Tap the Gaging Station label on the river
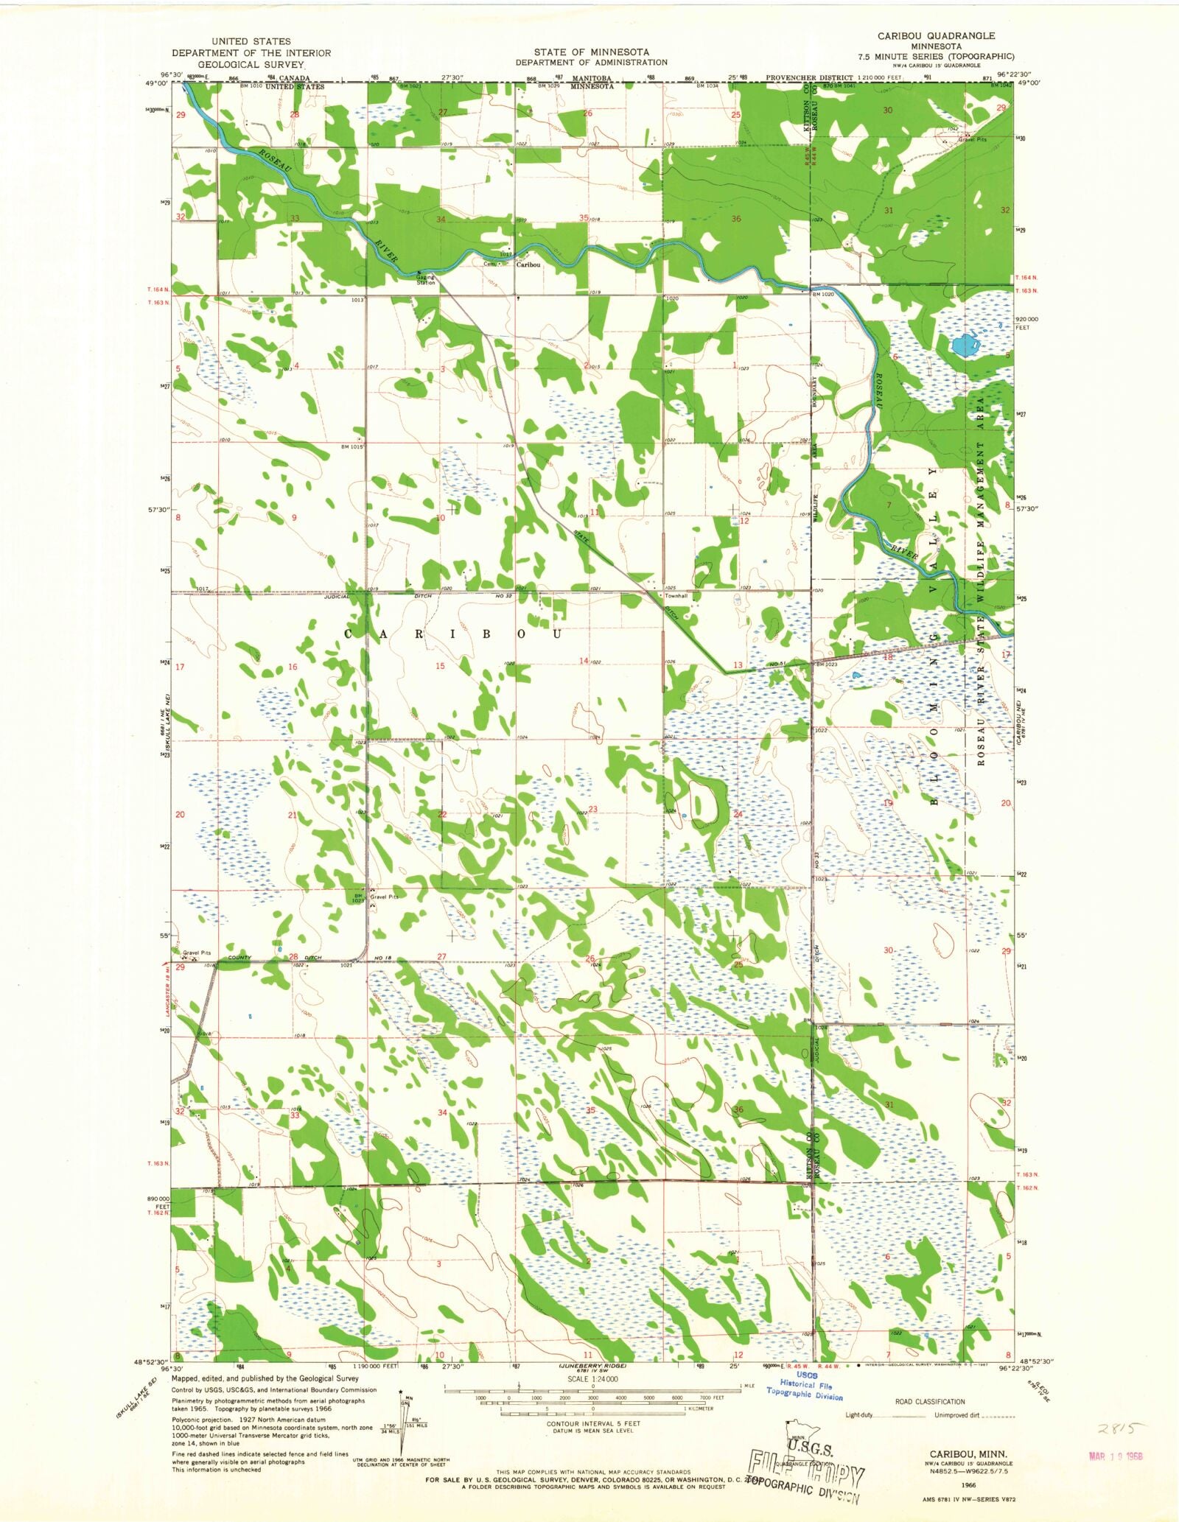click(x=426, y=280)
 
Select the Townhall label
click(x=676, y=595)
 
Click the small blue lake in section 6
click(x=962, y=345)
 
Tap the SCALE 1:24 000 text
click(x=592, y=1379)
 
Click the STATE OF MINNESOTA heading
click(x=592, y=52)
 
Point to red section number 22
click(x=442, y=814)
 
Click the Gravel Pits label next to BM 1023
click(x=384, y=897)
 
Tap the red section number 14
click(x=584, y=661)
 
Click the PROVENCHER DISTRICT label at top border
click(x=809, y=77)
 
